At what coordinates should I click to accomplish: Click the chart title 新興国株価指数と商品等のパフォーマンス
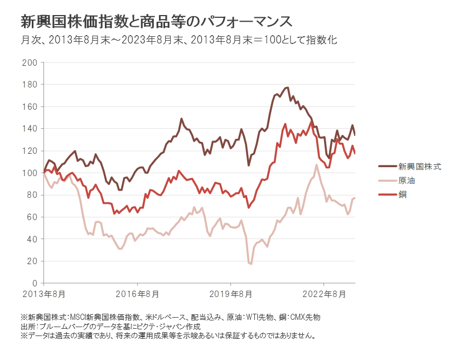pyautogui.click(x=156, y=22)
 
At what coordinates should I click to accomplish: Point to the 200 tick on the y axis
pyautogui.click(x=31, y=62)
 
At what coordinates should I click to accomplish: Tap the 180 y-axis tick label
pyautogui.click(x=31, y=85)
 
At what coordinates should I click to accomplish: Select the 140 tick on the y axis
pyautogui.click(x=31, y=129)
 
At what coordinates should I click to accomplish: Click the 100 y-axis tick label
pyautogui.click(x=31, y=173)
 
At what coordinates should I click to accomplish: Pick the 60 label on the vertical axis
pyautogui.click(x=33, y=217)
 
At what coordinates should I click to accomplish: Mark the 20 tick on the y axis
pyautogui.click(x=33, y=261)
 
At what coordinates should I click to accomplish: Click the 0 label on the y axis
pyautogui.click(x=35, y=283)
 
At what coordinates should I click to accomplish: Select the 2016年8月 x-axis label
pyautogui.click(x=138, y=294)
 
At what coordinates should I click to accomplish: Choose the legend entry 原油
pyautogui.click(x=406, y=181)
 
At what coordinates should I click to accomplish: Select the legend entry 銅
pyautogui.click(x=402, y=194)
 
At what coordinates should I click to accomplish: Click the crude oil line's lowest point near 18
pyautogui.click(x=251, y=264)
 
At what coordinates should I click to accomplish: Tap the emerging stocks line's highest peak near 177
pyautogui.click(x=287, y=87)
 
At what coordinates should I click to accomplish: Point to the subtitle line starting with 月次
pyautogui.click(x=179, y=40)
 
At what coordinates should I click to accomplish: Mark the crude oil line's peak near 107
pyautogui.click(x=317, y=165)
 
